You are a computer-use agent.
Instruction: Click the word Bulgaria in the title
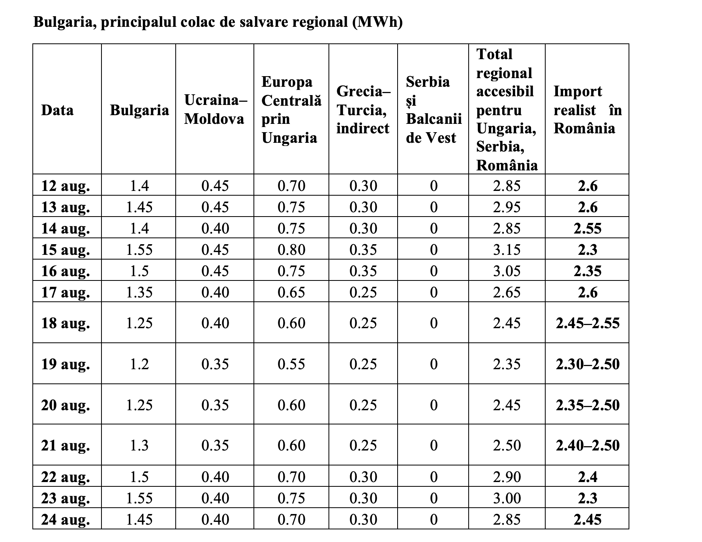click(65, 22)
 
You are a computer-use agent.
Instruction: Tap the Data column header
click(57, 110)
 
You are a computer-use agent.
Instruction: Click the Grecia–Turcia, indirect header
click(363, 110)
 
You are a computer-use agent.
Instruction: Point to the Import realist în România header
click(588, 110)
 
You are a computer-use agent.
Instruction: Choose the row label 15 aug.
click(66, 250)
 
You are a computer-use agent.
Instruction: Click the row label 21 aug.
click(66, 446)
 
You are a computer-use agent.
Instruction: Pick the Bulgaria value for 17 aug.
click(139, 292)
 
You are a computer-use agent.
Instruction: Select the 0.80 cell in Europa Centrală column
click(291, 250)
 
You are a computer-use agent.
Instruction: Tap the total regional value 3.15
click(507, 250)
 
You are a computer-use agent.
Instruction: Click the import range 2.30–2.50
click(588, 364)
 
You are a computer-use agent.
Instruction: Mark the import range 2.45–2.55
click(588, 323)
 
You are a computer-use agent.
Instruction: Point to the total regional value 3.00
click(507, 498)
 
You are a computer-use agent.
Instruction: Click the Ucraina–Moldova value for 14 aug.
click(215, 228)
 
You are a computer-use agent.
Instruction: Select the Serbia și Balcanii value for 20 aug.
click(434, 405)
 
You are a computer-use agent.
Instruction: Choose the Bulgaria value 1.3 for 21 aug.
click(139, 445)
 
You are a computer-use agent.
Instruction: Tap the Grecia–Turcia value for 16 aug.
click(363, 271)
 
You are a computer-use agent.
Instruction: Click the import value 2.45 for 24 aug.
click(588, 520)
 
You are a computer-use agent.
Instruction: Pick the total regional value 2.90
click(507, 477)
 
